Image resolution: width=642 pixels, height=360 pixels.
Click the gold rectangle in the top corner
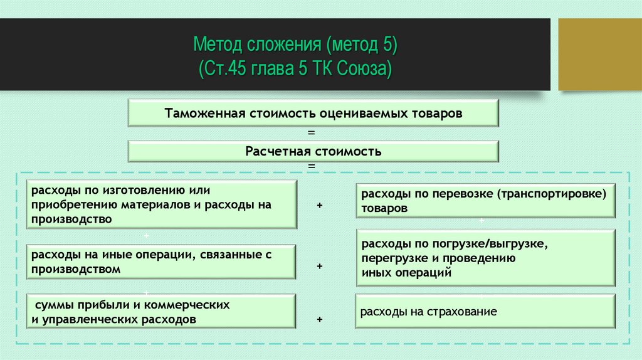coord(599,54)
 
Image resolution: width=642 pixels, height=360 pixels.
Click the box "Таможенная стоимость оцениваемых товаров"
coord(313,114)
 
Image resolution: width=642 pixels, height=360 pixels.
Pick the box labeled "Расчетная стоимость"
coord(313,152)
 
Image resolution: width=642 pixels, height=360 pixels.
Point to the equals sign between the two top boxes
coord(312,133)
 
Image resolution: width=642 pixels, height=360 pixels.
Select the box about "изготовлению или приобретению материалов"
coord(161,204)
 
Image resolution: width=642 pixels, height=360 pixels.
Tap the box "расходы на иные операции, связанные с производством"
coord(161,262)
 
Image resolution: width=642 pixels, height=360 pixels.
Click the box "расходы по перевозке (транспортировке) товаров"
coord(485,201)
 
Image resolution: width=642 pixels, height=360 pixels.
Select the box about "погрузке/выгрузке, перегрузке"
coord(485,257)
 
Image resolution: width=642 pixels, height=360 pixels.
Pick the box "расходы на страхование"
coord(485,311)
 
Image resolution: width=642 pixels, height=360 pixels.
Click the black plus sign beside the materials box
coord(320,206)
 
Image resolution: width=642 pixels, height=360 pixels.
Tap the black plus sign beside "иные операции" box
coord(320,266)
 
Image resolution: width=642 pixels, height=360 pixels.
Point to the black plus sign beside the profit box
coord(320,319)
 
